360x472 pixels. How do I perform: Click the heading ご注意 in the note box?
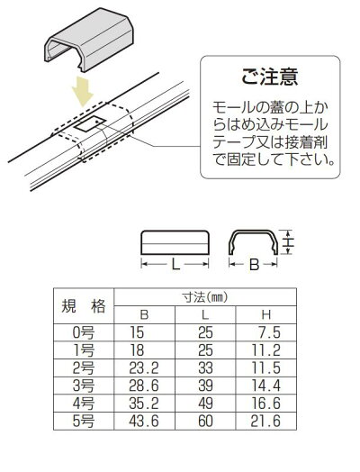269,77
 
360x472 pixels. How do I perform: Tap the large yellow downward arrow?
83,91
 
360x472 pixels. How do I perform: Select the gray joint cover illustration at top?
92,40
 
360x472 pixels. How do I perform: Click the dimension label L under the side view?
175,265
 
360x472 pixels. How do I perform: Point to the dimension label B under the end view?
254,265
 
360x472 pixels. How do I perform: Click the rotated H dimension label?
289,242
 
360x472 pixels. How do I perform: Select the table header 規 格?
84,306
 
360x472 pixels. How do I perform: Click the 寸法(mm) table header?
205,297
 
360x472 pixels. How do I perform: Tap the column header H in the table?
266,315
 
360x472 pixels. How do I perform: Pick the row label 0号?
84,332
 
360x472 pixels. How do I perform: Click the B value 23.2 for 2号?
144,368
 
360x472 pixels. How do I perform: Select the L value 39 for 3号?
205,386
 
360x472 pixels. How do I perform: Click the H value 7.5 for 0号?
269,332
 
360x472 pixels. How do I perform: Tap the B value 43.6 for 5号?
144,421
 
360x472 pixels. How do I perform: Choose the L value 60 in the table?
205,421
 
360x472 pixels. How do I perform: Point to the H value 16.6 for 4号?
265,404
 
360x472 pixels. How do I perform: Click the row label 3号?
84,386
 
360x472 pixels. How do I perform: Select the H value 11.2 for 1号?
265,350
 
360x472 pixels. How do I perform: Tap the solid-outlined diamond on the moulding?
90,123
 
